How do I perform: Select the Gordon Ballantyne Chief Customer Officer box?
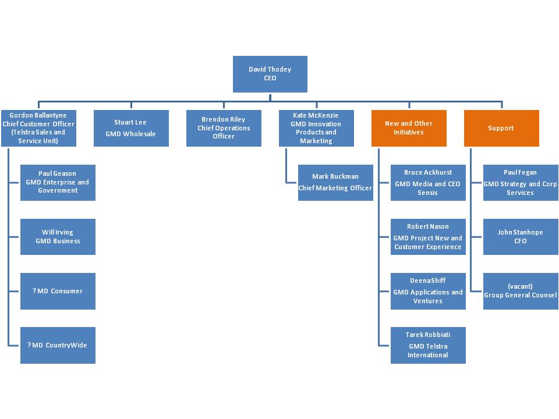coord(38,128)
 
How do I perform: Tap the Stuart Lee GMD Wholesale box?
coord(131,128)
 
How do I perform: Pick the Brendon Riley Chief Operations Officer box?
coord(224,128)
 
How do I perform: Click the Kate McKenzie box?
coord(316,128)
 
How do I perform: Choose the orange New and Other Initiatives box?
coord(409,128)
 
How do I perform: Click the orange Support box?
coord(501,128)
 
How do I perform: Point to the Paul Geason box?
coord(58,182)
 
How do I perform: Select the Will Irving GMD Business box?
coord(58,236)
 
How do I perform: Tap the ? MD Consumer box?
coord(58,291)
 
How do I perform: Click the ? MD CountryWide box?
coord(58,345)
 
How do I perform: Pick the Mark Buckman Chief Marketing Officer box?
coord(335,182)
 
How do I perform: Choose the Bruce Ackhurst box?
coord(428,182)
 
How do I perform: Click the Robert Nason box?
coord(428,236)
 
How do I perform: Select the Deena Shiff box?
coord(428,291)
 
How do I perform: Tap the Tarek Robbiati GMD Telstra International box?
coord(428,345)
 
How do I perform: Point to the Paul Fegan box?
coord(521,182)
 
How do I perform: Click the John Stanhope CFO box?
coord(521,236)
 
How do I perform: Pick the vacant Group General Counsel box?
coord(521,291)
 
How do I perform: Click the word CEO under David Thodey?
coord(270,78)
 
